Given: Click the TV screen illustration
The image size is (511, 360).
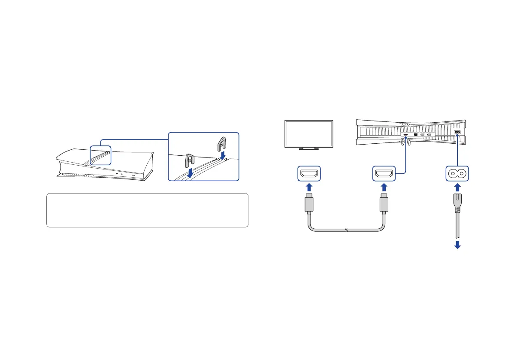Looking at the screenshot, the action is click(309, 134).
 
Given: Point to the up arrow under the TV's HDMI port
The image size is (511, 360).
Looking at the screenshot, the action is click(308, 188).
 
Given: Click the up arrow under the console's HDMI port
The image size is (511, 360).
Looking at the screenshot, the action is click(384, 188).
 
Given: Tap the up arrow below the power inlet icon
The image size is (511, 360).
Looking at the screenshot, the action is click(457, 188).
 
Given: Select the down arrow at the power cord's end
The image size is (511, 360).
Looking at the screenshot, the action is click(457, 245).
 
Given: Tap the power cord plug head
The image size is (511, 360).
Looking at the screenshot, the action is click(457, 206).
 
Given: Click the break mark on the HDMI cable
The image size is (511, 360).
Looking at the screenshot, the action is click(346, 231).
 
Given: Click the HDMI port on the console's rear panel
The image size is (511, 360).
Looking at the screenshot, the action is click(405, 135).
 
